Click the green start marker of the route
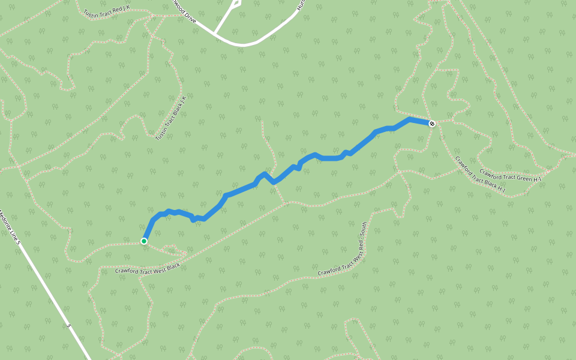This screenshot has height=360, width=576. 144,241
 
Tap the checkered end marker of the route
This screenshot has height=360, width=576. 432,124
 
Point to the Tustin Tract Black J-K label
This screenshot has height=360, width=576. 171,118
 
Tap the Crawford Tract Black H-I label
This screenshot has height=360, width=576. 480,176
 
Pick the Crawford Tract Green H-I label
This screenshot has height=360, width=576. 511,175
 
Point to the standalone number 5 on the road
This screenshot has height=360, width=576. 69,326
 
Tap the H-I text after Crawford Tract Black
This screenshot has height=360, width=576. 500,190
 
